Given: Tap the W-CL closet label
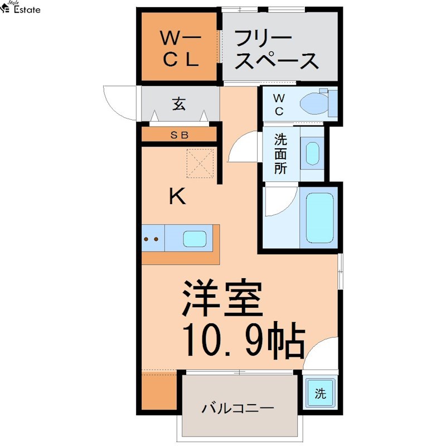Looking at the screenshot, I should click(179, 49).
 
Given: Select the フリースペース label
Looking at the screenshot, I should click(276, 50).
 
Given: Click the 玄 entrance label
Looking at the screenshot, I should click(178, 104).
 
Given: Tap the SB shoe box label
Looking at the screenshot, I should click(179, 134).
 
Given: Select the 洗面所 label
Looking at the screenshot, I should click(280, 153).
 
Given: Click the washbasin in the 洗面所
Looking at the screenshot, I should click(313, 153).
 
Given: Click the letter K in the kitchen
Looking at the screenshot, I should click(177, 196).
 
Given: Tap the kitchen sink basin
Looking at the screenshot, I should click(197, 239).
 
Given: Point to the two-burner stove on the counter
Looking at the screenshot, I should click(152, 239).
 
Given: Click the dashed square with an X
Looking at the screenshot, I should click(200, 163).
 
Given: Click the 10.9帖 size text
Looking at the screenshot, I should click(244, 340).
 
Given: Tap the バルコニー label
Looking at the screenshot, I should click(237, 409).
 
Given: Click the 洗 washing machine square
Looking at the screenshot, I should click(319, 394).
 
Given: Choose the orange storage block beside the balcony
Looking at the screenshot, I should click(159, 392).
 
